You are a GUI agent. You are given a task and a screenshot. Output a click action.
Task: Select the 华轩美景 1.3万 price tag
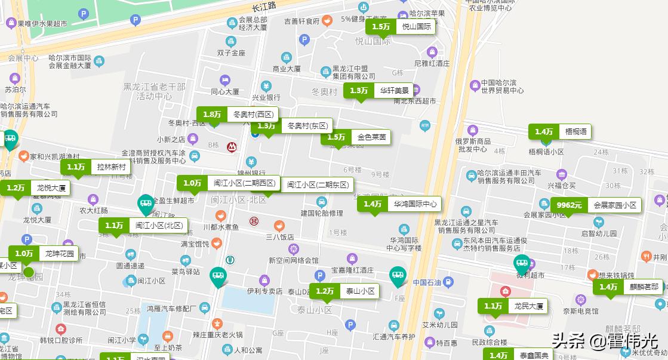pyautogui.click(x=379, y=91)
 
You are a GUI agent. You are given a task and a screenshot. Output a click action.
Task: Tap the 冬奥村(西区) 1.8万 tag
pyautogui.click(x=238, y=114)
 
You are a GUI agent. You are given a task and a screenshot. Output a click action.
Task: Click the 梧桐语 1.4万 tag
pyautogui.click(x=559, y=131)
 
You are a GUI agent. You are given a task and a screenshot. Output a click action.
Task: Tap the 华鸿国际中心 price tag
pyautogui.click(x=399, y=204)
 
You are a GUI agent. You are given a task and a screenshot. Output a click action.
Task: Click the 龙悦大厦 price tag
pyautogui.click(x=35, y=187)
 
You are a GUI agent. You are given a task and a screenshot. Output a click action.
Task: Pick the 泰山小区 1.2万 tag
pyautogui.click(x=344, y=291)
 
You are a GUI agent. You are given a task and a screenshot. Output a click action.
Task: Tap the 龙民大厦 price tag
pyautogui.click(x=513, y=306)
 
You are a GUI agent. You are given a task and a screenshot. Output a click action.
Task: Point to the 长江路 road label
pyautogui.click(x=264, y=6)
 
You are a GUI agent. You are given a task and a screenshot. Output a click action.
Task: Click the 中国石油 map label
pyautogui.click(x=427, y=282)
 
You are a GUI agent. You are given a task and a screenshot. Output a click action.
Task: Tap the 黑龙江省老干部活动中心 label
pyautogui.click(x=153, y=91)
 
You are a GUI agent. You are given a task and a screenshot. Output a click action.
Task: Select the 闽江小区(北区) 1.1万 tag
pyautogui.click(x=144, y=225)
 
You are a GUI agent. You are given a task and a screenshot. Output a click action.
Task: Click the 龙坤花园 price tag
pyautogui.click(x=43, y=254)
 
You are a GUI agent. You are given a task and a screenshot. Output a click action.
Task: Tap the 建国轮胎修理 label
pyautogui.click(x=322, y=213)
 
